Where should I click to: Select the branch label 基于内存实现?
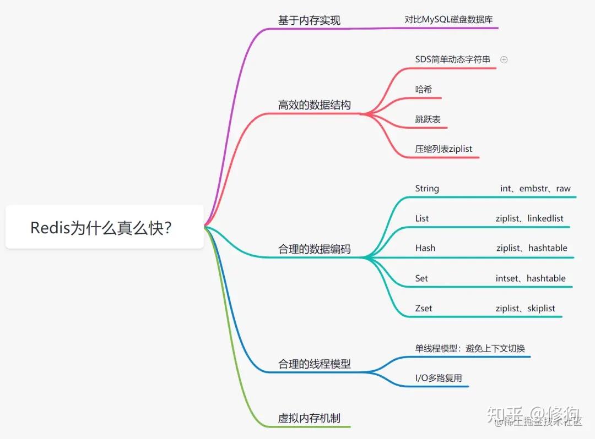[x=309, y=20]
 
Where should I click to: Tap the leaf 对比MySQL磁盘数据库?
[x=448, y=19]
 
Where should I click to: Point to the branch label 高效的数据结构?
[x=314, y=105]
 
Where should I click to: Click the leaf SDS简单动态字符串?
[x=452, y=59]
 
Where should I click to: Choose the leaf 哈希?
[x=424, y=89]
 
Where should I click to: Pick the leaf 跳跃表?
[x=428, y=119]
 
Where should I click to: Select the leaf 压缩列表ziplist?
[x=443, y=149]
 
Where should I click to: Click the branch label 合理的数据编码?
[x=314, y=249]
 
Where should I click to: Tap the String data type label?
[x=427, y=188]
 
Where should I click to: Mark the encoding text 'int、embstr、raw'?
[x=535, y=188]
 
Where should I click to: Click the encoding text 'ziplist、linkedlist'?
[x=529, y=218]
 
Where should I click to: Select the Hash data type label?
[x=425, y=248]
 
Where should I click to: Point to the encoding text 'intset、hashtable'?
[x=530, y=278]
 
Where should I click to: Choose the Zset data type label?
[x=423, y=308]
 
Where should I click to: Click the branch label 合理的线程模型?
[x=314, y=364]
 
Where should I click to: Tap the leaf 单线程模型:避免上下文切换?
[x=469, y=348]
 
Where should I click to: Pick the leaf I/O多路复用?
[x=438, y=378]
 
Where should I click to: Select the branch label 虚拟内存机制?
[x=309, y=418]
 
